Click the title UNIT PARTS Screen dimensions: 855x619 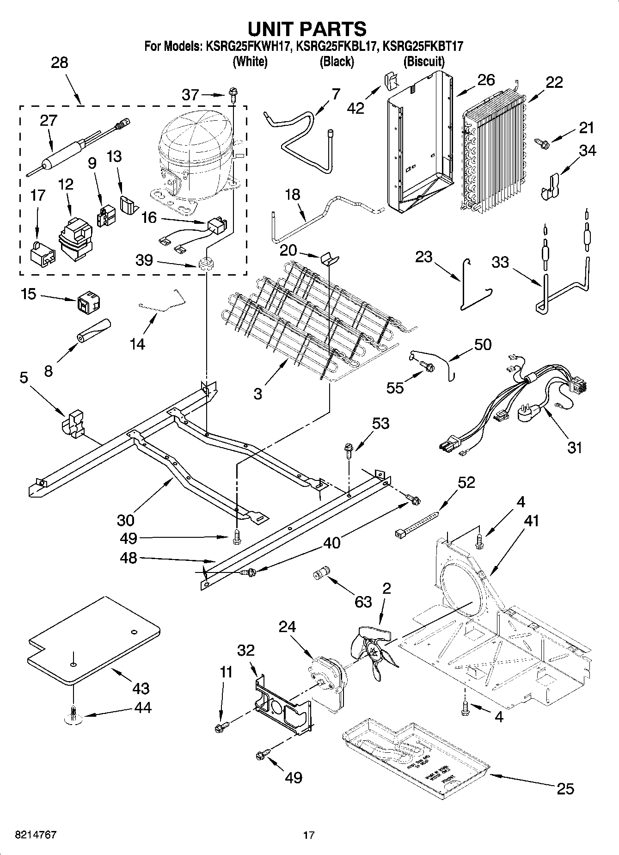307,29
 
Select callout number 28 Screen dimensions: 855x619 59,63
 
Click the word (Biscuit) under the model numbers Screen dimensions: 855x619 423,62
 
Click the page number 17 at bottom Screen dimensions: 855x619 309,835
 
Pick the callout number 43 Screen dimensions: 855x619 141,688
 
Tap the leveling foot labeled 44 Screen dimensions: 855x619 73,714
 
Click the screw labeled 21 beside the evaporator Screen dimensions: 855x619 541,143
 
